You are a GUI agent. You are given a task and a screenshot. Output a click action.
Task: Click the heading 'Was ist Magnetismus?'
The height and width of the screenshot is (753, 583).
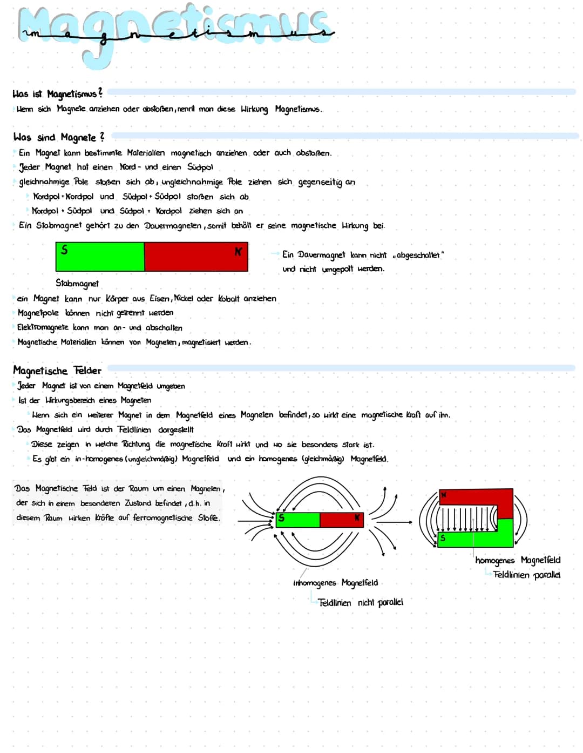57,94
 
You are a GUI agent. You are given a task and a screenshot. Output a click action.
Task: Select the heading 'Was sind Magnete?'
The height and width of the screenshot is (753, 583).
58,137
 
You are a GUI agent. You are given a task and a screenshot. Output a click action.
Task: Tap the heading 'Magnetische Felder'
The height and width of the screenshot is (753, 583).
57,371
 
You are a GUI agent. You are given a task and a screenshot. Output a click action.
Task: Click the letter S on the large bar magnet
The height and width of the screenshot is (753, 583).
64,250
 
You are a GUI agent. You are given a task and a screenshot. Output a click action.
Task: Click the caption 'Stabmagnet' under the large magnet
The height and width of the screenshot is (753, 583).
77,283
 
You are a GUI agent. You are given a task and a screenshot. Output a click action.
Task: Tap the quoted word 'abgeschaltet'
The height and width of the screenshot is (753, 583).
418,255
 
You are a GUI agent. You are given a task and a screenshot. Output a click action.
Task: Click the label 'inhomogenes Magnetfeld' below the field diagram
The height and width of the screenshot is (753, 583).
335,583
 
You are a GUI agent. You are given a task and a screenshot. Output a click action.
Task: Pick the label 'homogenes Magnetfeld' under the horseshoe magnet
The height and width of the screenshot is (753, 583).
518,560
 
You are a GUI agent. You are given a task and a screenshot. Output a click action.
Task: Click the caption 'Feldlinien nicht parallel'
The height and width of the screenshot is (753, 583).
360,602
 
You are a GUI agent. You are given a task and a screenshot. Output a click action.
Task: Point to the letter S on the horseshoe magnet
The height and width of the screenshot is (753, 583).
443,537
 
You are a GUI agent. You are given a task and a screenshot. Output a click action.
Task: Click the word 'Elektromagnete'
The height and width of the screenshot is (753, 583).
43,327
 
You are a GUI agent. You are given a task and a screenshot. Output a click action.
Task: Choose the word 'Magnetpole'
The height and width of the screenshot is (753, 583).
38,313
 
